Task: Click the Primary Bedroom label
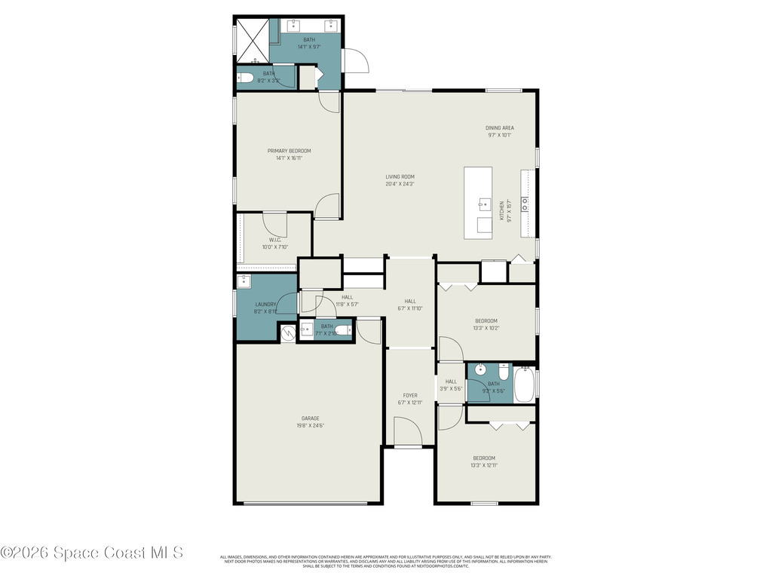coord(289,151)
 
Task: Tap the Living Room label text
coord(400,177)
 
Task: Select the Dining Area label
coord(499,128)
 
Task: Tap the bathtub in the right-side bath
coord(525,384)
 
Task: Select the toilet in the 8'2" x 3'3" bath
coord(246,76)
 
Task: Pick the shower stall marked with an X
coord(251,40)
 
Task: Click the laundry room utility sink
coord(244,282)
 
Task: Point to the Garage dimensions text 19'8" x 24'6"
coord(311,426)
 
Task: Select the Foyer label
coord(409,395)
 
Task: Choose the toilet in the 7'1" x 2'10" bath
coord(342,330)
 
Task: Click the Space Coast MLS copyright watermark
coord(92,553)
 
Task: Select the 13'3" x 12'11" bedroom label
coord(484,461)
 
